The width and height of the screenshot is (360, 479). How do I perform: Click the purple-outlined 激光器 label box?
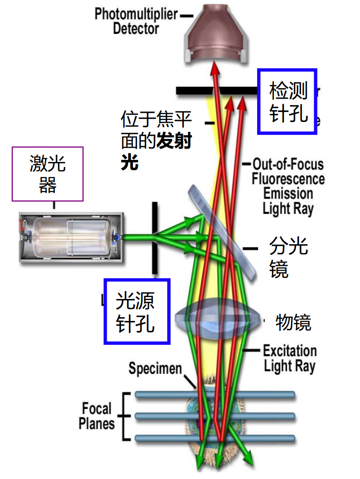[x=48, y=174]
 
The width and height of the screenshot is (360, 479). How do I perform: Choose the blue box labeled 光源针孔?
[x=137, y=311]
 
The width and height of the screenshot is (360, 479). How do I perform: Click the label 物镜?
[x=293, y=323]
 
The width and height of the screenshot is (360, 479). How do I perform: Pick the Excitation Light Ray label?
[x=290, y=359]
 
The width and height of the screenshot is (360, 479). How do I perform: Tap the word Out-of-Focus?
[x=288, y=165]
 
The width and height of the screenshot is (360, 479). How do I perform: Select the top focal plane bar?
[x=214, y=395]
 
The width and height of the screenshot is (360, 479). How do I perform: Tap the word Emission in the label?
[x=288, y=194]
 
